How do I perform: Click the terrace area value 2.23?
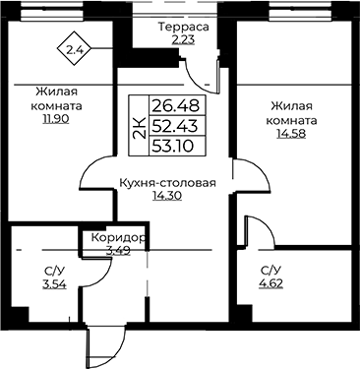click(x=183, y=39)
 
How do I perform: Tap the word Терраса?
click(x=184, y=27)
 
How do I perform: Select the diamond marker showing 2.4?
click(x=74, y=49)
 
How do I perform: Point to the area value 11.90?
click(x=56, y=119)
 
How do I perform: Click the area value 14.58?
click(x=291, y=134)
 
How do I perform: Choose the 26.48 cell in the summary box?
click(x=176, y=105)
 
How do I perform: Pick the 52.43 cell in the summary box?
click(x=176, y=126)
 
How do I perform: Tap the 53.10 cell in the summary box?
click(x=176, y=146)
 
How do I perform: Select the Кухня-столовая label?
click(x=167, y=183)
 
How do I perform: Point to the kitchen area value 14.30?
click(x=167, y=196)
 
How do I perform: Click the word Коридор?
click(x=118, y=238)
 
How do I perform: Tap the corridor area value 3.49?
click(x=118, y=251)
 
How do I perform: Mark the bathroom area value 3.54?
click(x=54, y=284)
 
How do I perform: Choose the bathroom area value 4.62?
click(x=270, y=282)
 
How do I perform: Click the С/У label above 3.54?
click(x=53, y=271)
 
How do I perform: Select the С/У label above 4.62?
click(x=270, y=270)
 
